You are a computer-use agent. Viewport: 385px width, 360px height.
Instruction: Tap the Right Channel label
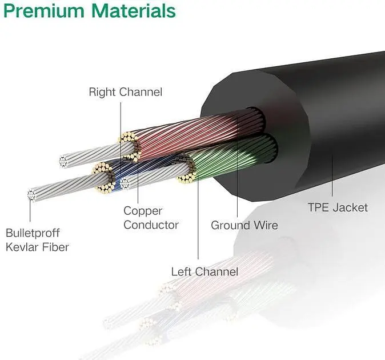tap(125, 92)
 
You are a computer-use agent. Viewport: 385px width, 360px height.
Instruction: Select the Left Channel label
tap(204, 271)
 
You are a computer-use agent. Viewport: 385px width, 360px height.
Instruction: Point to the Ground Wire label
tap(244, 225)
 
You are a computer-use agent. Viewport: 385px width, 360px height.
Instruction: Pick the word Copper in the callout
tap(143, 211)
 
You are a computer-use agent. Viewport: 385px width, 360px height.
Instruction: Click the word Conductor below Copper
tap(151, 225)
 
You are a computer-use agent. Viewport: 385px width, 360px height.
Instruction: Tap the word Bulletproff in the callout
tap(33, 233)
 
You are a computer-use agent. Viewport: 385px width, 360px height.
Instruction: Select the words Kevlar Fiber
tap(37, 247)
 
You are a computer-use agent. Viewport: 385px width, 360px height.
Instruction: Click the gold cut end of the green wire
tap(186, 170)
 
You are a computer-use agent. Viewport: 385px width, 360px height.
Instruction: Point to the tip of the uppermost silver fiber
tap(63, 162)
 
